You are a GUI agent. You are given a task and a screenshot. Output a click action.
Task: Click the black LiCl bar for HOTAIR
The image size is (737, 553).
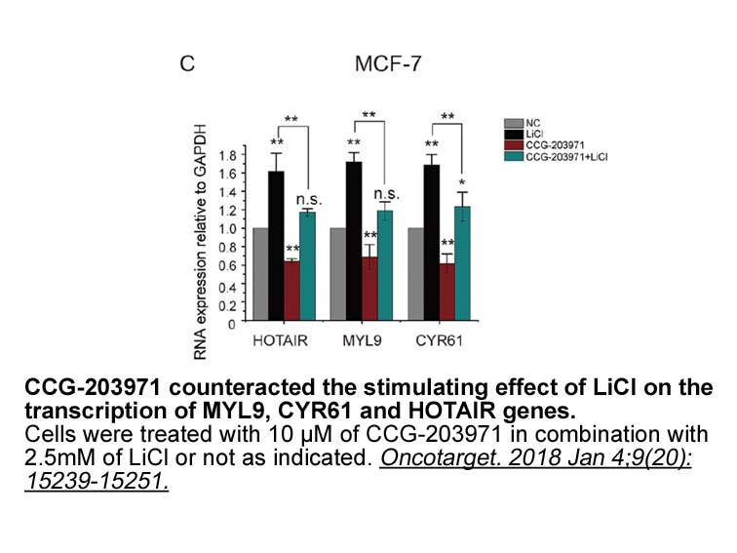point(276,245)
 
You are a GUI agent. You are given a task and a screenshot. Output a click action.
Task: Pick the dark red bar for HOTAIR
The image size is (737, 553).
point(291,291)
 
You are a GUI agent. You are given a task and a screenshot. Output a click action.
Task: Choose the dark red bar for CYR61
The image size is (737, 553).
point(446,293)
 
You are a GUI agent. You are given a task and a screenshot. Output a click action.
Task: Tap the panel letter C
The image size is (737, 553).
point(187,65)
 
